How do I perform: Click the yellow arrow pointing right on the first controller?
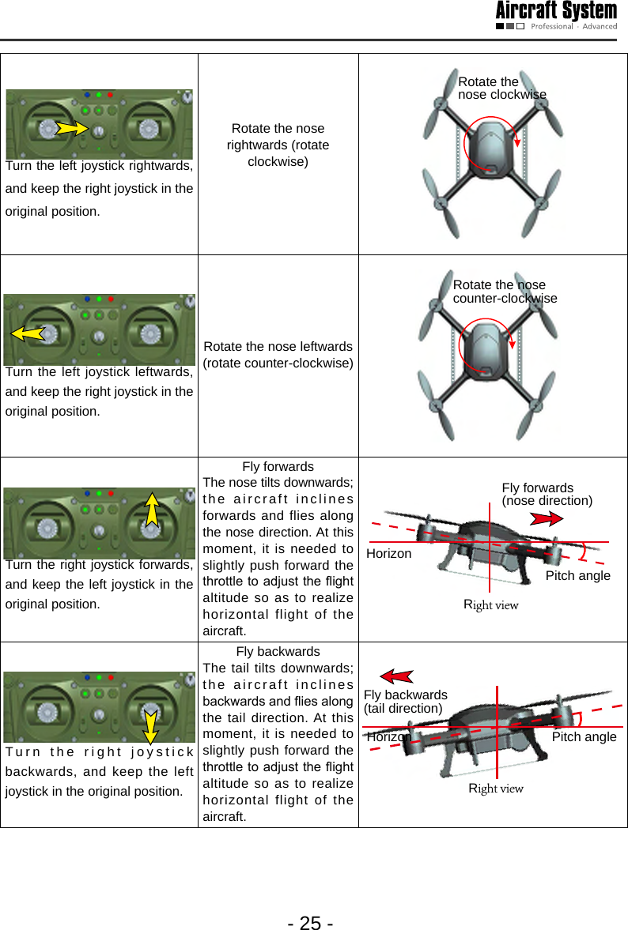pyautogui.click(x=71, y=126)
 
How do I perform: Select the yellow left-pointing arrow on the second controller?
pyautogui.click(x=28, y=333)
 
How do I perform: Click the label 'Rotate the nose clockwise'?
pyautogui.click(x=501, y=88)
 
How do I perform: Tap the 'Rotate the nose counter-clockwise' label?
pyautogui.click(x=505, y=292)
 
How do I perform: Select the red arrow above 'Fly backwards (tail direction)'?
pyautogui.click(x=398, y=676)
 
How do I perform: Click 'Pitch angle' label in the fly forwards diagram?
pyautogui.click(x=577, y=575)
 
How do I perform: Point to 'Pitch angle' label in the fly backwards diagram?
pyautogui.click(x=584, y=736)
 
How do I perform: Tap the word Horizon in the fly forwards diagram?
pyautogui.click(x=389, y=554)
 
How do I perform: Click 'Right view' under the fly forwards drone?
pyautogui.click(x=490, y=605)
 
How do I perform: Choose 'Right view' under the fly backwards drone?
pyautogui.click(x=496, y=789)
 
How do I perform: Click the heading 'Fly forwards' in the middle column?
pyautogui.click(x=278, y=466)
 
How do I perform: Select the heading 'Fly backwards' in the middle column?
pyautogui.click(x=278, y=651)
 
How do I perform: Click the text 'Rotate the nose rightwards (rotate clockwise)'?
pyautogui.click(x=278, y=145)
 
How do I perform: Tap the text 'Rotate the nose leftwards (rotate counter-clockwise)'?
pyautogui.click(x=278, y=354)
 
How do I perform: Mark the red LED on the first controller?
pyautogui.click(x=110, y=95)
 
